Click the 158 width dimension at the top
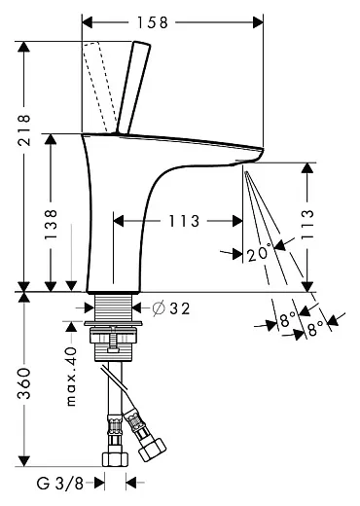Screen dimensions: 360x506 click(153, 22)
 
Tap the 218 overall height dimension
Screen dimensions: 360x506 click(24, 129)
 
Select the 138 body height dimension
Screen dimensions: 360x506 click(51, 225)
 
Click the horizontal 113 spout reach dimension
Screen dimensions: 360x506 click(184, 222)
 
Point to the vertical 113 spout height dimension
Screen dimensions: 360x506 click(307, 225)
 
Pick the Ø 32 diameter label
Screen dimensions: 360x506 click(171, 308)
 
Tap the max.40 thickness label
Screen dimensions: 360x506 click(71, 377)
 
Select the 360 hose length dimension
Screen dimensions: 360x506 click(24, 383)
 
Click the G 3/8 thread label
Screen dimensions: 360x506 click(60, 484)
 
